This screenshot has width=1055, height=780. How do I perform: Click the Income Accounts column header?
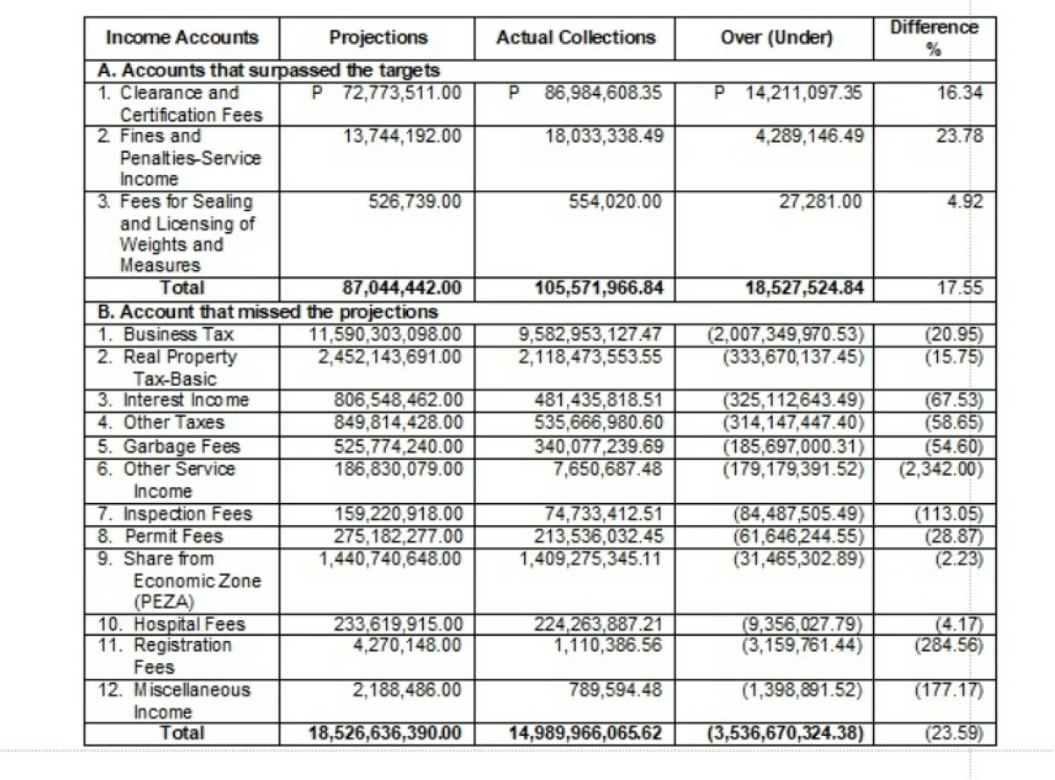(182, 38)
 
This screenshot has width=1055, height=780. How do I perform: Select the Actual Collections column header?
(575, 38)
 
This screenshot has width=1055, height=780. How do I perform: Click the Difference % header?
(934, 38)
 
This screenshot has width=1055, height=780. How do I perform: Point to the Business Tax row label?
(172, 335)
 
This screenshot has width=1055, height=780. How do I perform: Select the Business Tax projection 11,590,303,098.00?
(386, 335)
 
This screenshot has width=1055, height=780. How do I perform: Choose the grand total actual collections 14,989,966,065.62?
(585, 733)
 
